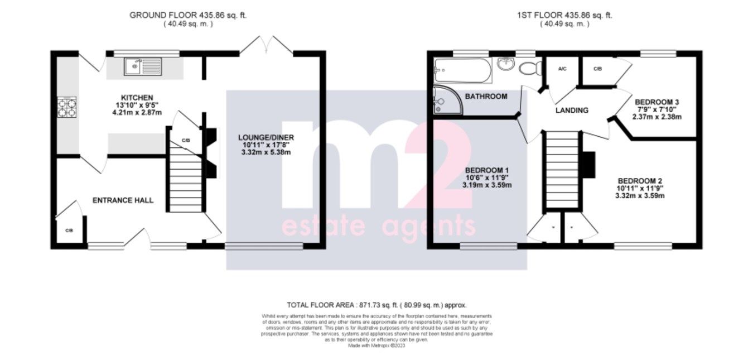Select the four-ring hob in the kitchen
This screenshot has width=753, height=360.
pyautogui.click(x=67, y=107)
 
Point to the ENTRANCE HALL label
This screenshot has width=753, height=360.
pyautogui.click(x=123, y=200)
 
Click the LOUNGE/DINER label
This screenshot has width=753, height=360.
pyautogui.click(x=266, y=137)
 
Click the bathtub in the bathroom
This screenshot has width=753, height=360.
pyautogui.click(x=462, y=70)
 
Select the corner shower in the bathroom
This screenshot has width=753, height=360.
pyautogui.click(x=446, y=100)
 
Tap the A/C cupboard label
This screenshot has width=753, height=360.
pyautogui.click(x=562, y=69)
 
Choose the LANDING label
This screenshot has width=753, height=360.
pyautogui.click(x=572, y=111)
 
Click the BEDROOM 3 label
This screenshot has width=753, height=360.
pyautogui.click(x=657, y=102)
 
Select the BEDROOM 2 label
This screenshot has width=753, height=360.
pyautogui.click(x=640, y=181)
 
